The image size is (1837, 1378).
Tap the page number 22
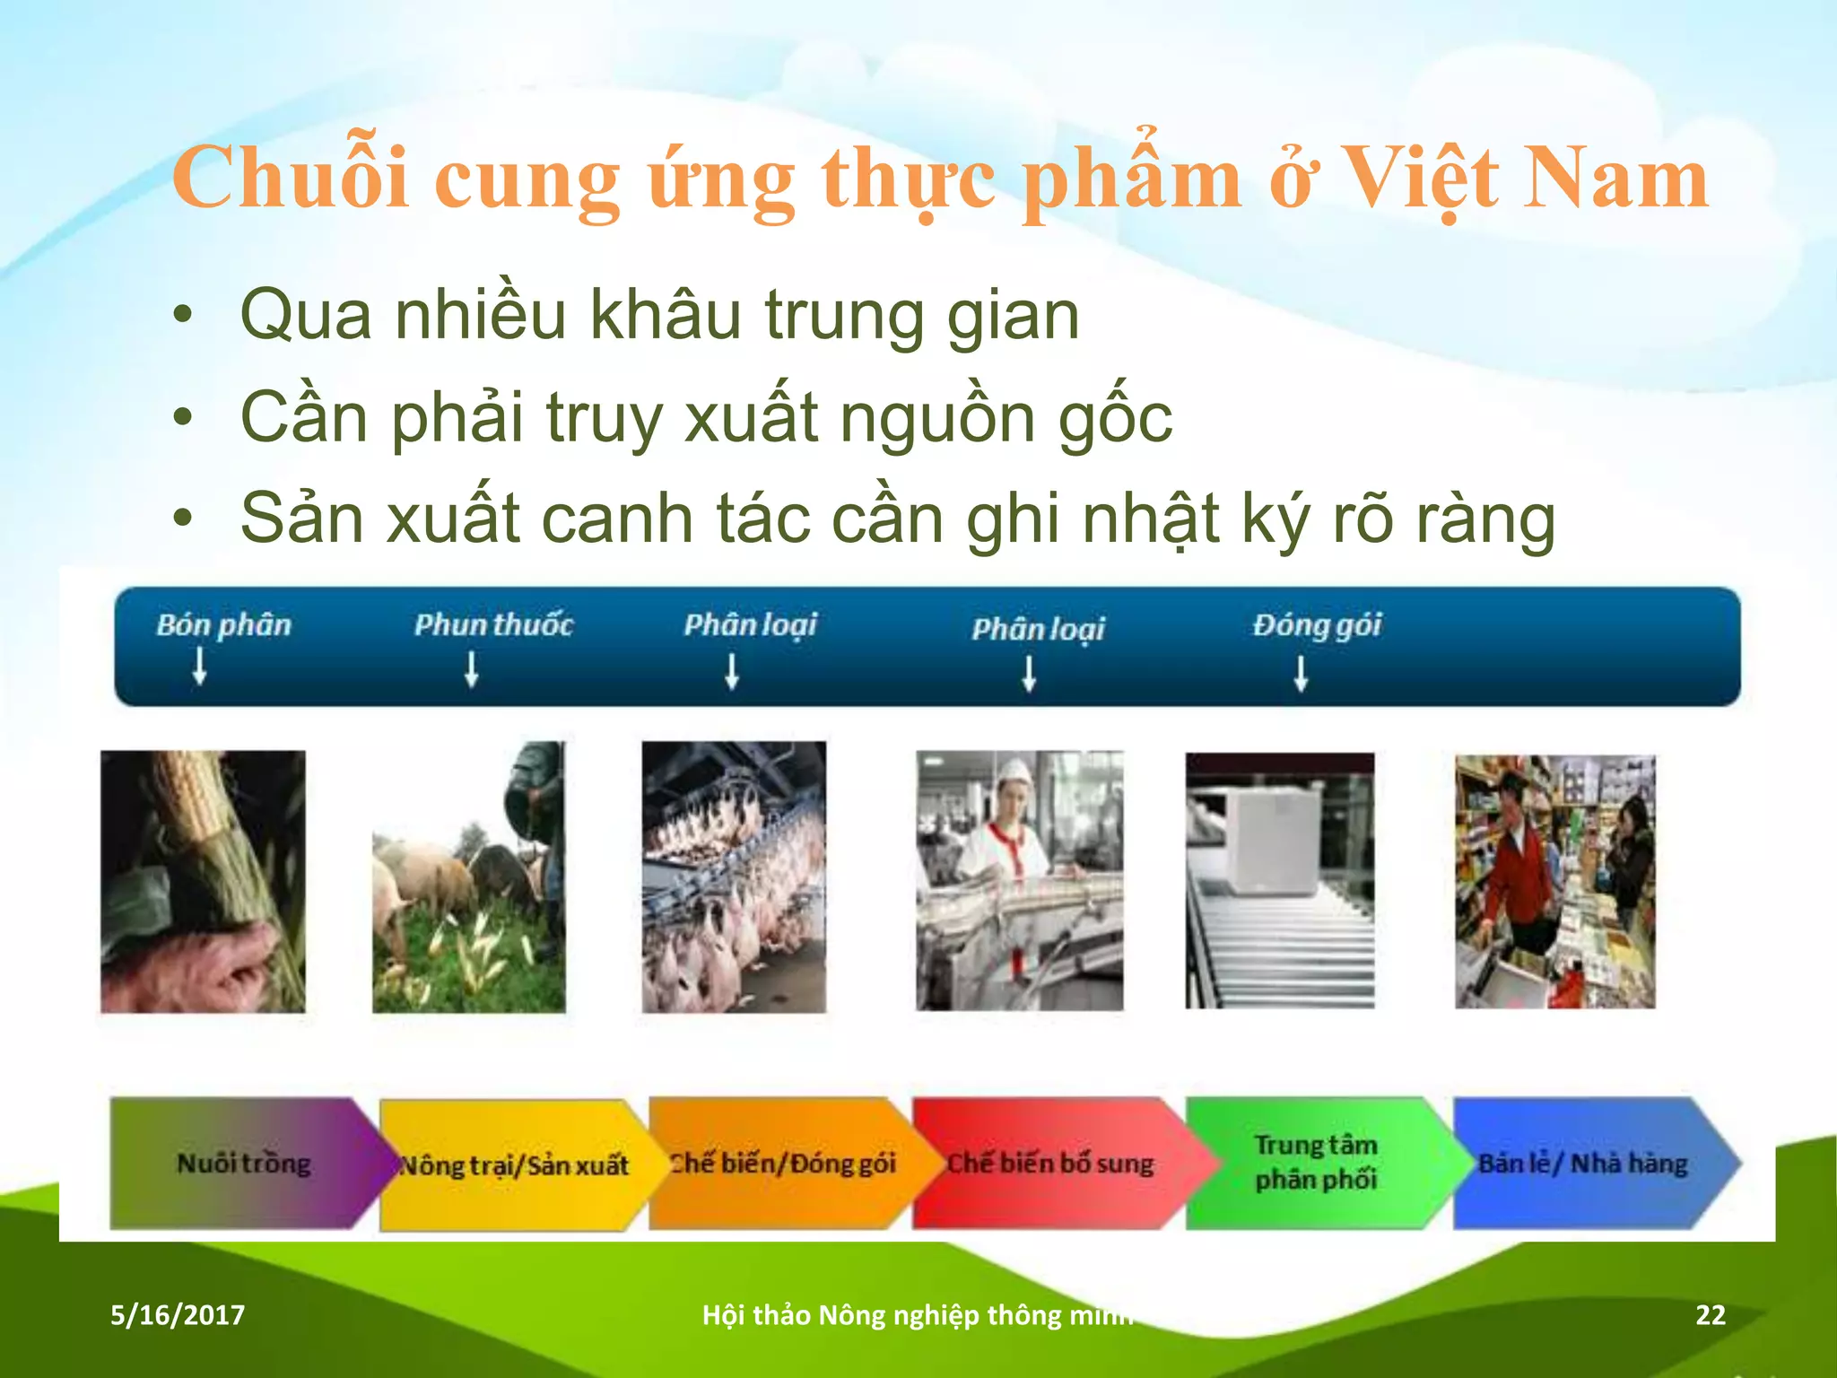[x=1710, y=1315]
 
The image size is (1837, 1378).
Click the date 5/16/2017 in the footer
[x=178, y=1315]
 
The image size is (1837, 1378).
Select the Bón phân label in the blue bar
[x=223, y=624]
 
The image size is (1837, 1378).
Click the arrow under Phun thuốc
[x=471, y=669]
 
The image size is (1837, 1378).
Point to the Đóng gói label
[x=1317, y=625]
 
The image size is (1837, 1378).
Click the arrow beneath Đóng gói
[x=1301, y=673]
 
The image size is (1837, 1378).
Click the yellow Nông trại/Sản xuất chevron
[x=514, y=1165]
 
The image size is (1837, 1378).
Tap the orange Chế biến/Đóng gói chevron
[x=782, y=1164]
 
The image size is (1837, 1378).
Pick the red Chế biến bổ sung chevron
[x=1050, y=1164]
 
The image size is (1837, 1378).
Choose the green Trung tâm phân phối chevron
[x=1316, y=1163]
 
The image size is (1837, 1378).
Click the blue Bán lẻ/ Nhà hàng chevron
[x=1583, y=1164]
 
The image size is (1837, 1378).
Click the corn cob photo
[x=203, y=881]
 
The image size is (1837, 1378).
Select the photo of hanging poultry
[x=734, y=877]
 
